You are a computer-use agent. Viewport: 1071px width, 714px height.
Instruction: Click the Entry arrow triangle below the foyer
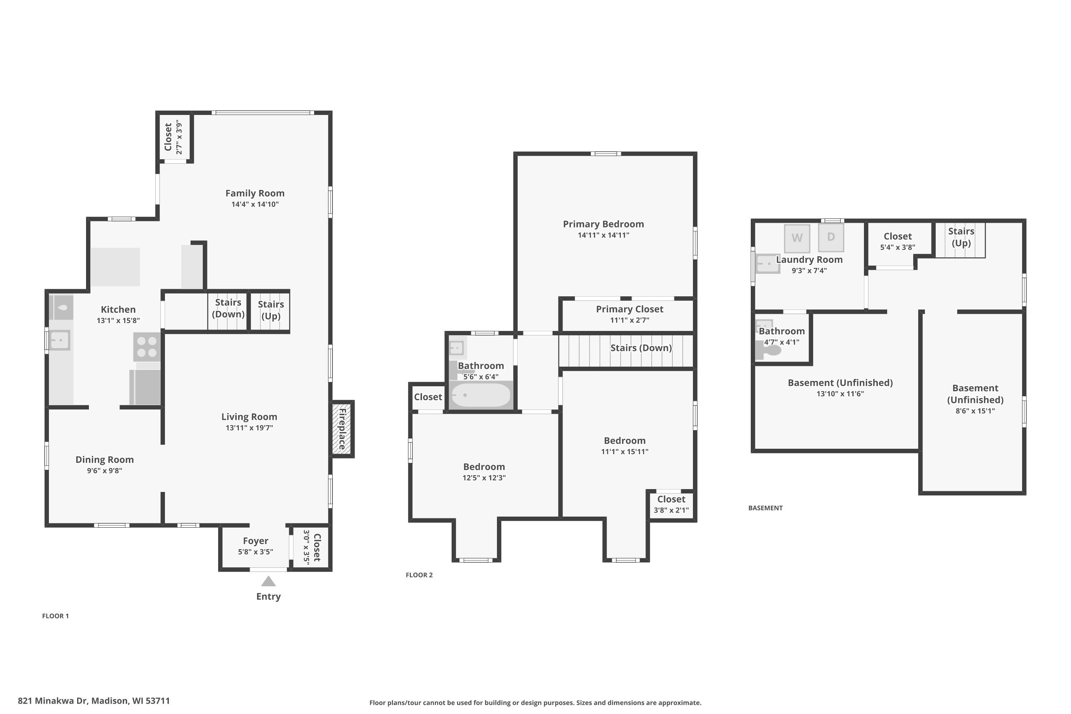[x=268, y=582]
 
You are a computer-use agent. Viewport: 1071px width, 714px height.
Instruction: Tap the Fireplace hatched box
[x=342, y=429]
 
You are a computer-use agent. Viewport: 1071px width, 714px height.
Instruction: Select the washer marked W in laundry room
[x=797, y=238]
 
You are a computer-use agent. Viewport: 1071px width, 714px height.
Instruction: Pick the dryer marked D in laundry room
[x=831, y=237]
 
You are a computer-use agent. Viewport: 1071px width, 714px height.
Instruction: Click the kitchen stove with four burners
[x=147, y=347]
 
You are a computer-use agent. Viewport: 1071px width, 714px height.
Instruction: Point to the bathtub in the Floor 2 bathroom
[x=481, y=395]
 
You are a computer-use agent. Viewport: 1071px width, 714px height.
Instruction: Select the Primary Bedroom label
[x=603, y=224]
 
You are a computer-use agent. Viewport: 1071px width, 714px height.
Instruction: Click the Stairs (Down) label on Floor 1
[x=228, y=308]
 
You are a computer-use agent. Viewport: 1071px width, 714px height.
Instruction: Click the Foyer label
[x=256, y=541]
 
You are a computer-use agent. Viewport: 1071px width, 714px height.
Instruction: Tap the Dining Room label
[x=105, y=459]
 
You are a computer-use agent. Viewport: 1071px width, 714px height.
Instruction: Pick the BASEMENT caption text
[x=765, y=508]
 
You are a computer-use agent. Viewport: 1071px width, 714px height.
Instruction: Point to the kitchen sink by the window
[x=60, y=340]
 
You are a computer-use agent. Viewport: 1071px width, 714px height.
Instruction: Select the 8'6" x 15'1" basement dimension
[x=975, y=411]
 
